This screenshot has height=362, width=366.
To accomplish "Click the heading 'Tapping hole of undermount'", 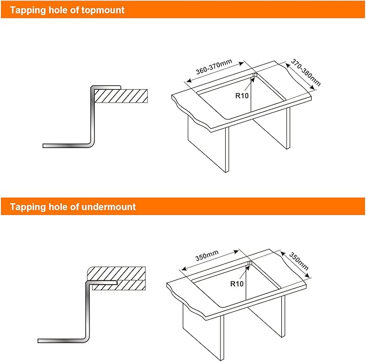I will coord(73,206).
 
